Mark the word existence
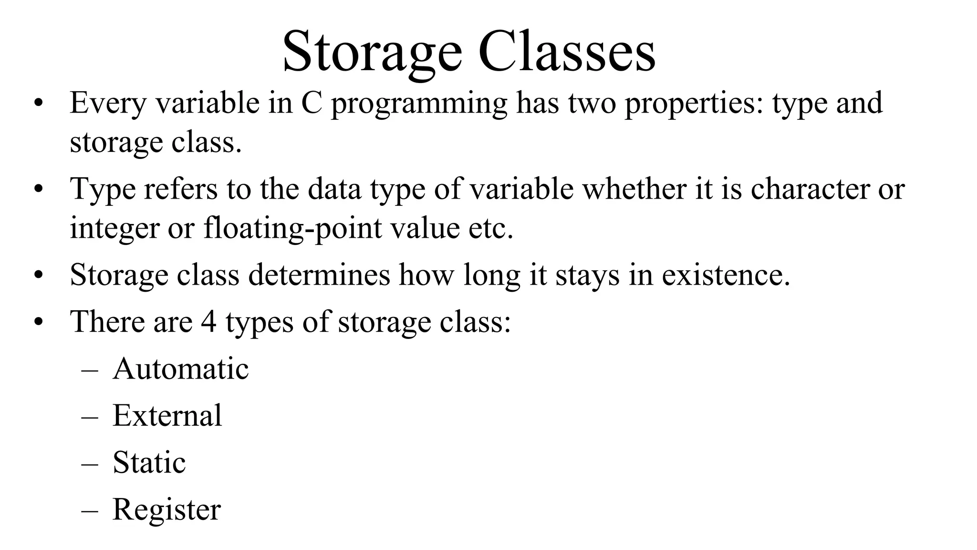pyautogui.click(x=726, y=275)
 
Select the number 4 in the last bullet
pyautogui.click(x=208, y=322)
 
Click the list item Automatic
pyautogui.click(x=181, y=369)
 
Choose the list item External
pyautogui.click(x=167, y=415)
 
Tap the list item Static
pyautogui.click(x=149, y=462)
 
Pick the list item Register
pyautogui.click(x=166, y=510)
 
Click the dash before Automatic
pyautogui.click(x=90, y=370)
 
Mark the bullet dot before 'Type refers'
pyautogui.click(x=39, y=190)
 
